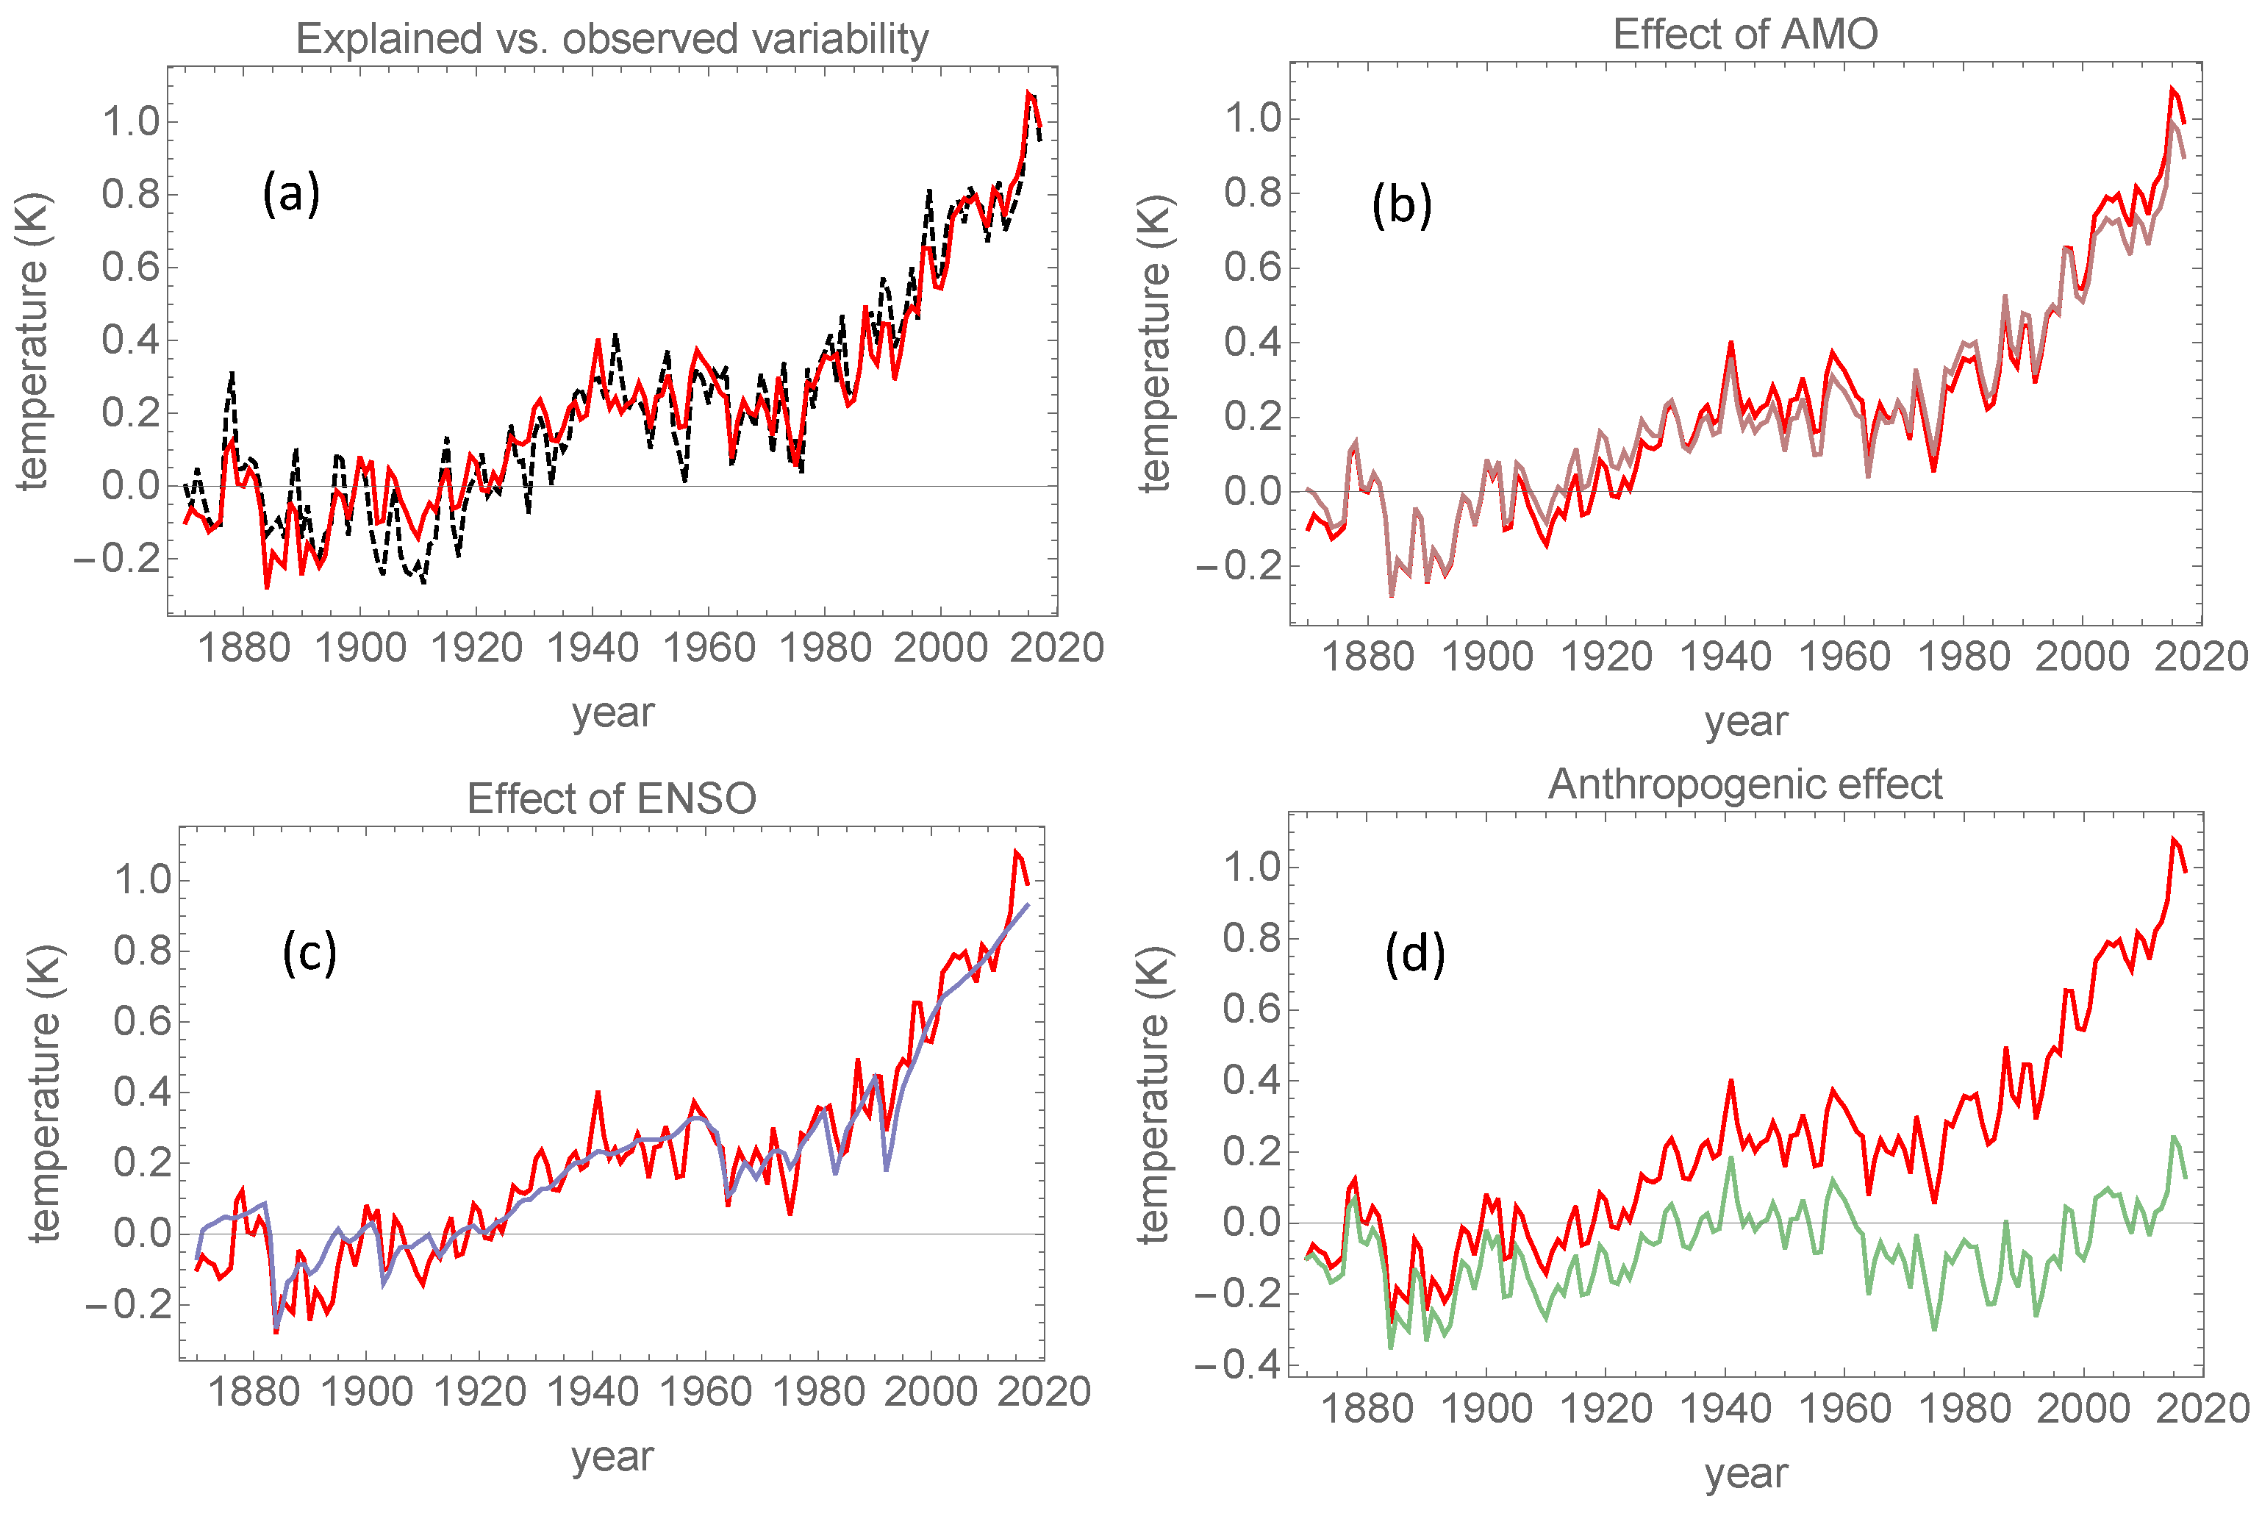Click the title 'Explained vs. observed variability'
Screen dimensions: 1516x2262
[612, 39]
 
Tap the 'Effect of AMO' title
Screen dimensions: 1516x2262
[1744, 34]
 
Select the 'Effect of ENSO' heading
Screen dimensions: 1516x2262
[611, 798]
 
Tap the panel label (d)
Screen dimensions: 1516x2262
[1414, 954]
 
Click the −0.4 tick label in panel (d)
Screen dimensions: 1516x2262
[1236, 1365]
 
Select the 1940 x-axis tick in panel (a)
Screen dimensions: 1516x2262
[593, 648]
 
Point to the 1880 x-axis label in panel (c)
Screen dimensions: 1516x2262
[254, 1392]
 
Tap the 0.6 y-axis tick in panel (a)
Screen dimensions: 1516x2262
[131, 267]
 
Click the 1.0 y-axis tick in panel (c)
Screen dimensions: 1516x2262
[143, 880]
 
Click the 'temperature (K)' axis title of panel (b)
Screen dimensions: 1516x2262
[1154, 343]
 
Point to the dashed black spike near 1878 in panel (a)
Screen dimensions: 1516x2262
[232, 373]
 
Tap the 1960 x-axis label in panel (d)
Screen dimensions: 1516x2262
[1844, 1409]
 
